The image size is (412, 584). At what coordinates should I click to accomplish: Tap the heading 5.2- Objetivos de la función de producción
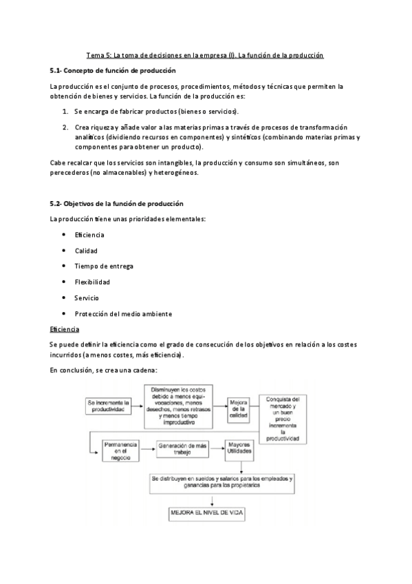116,204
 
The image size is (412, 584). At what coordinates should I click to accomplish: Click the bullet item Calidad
86,251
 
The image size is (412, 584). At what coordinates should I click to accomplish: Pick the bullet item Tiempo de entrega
103,266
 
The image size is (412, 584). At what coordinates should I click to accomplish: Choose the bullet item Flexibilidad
92,282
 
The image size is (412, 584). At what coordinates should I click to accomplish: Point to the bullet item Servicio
87,298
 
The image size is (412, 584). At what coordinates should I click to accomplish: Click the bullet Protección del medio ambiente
122,313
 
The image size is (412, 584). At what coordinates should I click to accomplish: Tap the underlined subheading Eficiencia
65,329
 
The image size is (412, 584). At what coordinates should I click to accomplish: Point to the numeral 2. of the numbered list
65,127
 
